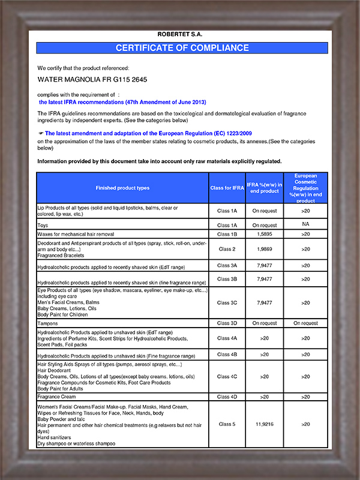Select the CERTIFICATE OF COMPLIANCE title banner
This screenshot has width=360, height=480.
182,48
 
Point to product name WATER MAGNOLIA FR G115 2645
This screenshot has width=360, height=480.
92,79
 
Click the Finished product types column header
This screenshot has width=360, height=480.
122,188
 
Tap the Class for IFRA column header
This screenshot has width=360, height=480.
227,188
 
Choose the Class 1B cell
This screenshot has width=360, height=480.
227,233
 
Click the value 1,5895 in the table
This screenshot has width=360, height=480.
264,233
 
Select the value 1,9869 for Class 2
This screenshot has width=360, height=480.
264,248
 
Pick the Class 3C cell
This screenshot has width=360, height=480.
227,303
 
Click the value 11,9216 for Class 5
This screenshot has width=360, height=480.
264,424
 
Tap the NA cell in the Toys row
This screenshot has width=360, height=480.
306,224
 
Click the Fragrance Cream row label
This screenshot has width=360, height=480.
58,397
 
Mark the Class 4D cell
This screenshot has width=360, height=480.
227,397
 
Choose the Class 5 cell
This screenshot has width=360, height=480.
227,424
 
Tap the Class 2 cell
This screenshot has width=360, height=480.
227,248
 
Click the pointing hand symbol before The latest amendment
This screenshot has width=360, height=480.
41,133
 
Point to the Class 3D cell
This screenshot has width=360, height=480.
227,323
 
